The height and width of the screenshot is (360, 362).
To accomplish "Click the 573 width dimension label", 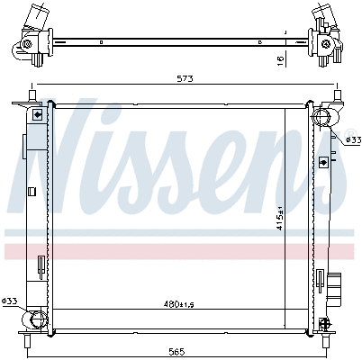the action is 185,78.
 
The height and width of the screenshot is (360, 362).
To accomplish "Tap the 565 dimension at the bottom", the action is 176,351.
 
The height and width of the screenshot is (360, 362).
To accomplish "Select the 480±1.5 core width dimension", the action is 179,304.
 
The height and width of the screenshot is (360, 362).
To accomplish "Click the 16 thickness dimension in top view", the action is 280,61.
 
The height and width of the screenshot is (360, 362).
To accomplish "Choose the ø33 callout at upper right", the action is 353,139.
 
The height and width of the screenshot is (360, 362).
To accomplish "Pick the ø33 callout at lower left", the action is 9,301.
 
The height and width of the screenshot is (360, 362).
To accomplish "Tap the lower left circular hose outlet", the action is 39,320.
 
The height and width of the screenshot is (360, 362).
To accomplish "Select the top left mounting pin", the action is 32,95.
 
